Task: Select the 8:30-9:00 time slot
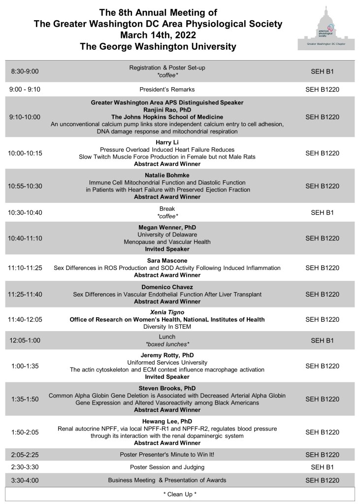pos(25,71)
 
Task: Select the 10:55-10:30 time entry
pos(25,186)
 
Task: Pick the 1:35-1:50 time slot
pos(25,399)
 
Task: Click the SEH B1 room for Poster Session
pos(323,467)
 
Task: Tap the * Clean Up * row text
pos(180,493)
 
